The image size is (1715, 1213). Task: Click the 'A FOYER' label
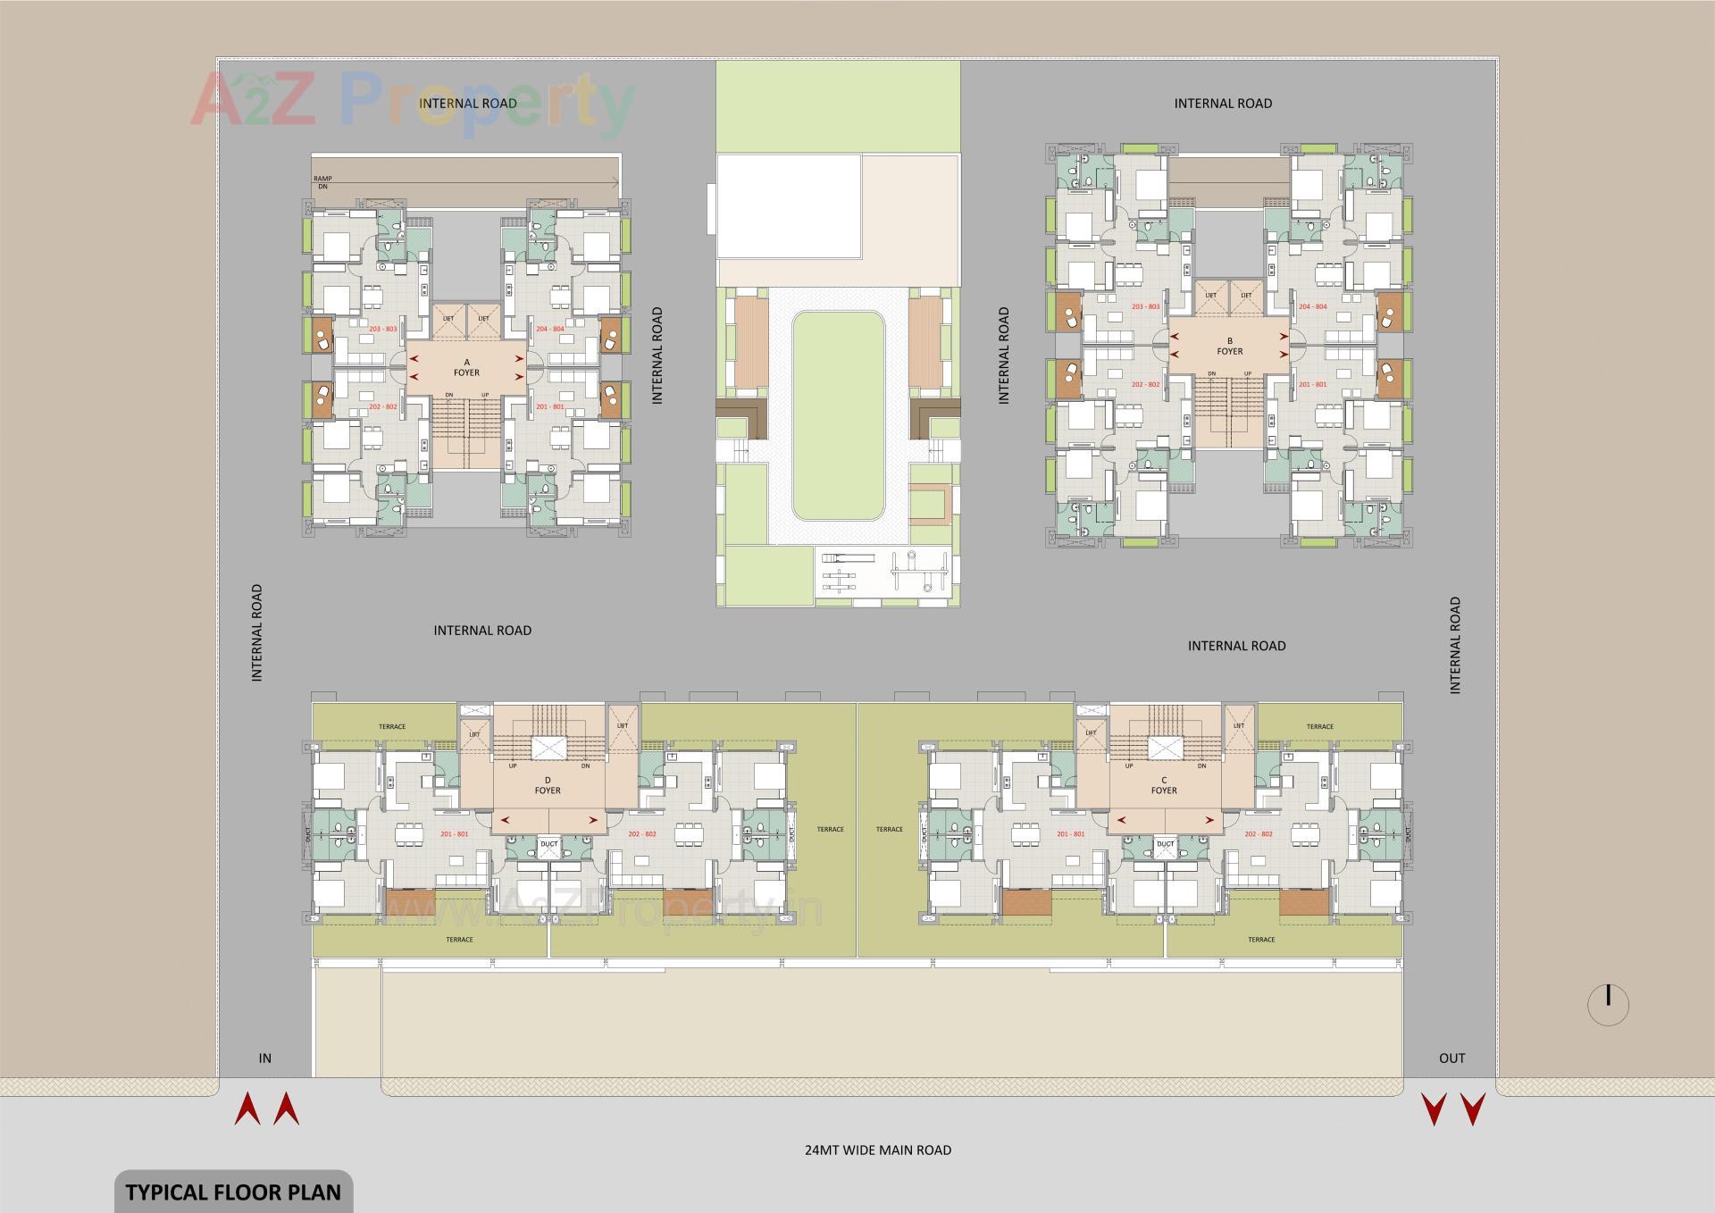[x=466, y=367]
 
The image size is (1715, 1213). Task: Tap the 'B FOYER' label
[x=1230, y=347]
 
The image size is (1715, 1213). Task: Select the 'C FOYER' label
[x=1164, y=785]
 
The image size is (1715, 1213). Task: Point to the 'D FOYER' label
[x=548, y=785]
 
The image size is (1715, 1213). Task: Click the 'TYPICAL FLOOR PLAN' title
[x=233, y=1192]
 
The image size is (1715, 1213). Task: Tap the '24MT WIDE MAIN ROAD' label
[x=878, y=1150]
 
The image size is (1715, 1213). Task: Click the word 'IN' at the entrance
[x=265, y=1058]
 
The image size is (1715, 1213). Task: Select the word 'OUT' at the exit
[x=1451, y=1058]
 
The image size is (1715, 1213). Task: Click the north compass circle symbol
[x=1608, y=1005]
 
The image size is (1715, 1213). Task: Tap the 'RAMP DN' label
[x=322, y=182]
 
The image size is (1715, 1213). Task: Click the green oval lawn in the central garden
[x=838, y=415]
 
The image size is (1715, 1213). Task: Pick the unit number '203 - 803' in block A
[x=382, y=329]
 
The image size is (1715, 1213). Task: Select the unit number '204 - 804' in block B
[x=1312, y=306]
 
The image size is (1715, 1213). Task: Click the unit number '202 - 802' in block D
[x=641, y=834]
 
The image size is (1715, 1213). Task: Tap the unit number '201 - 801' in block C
[x=1070, y=834]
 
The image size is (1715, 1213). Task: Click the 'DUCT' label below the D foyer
[x=548, y=844]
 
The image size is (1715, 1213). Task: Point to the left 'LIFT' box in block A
[x=448, y=318]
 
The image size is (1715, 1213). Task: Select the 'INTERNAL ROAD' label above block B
[x=1223, y=104]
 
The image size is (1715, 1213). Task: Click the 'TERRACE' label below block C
[x=1261, y=940]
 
